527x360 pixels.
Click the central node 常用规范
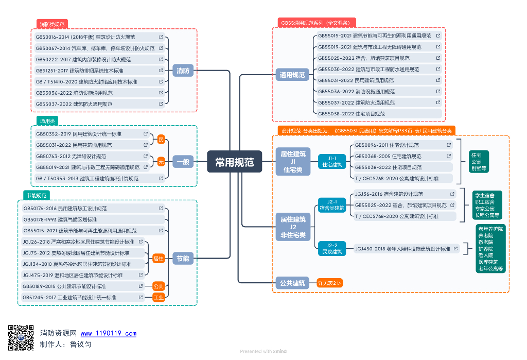coord(234,162)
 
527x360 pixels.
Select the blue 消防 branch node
coord(183,71)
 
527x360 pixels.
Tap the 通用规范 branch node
coord(292,75)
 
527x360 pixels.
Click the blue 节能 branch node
coord(183,258)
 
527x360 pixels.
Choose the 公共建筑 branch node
coord(292,283)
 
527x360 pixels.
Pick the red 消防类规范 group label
coord(52,24)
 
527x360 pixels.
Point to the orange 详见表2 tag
coord(329,283)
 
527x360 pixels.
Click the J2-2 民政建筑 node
coord(332,248)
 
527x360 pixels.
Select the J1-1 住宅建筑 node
coord(332,161)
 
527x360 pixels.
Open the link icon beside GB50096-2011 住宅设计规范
coord(449,145)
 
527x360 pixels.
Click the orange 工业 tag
coord(159,297)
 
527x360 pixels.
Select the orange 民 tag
coord(161,140)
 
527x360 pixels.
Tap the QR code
coord(21,338)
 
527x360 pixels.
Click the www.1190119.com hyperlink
coord(109,334)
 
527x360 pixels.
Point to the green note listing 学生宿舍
coord(487,205)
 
